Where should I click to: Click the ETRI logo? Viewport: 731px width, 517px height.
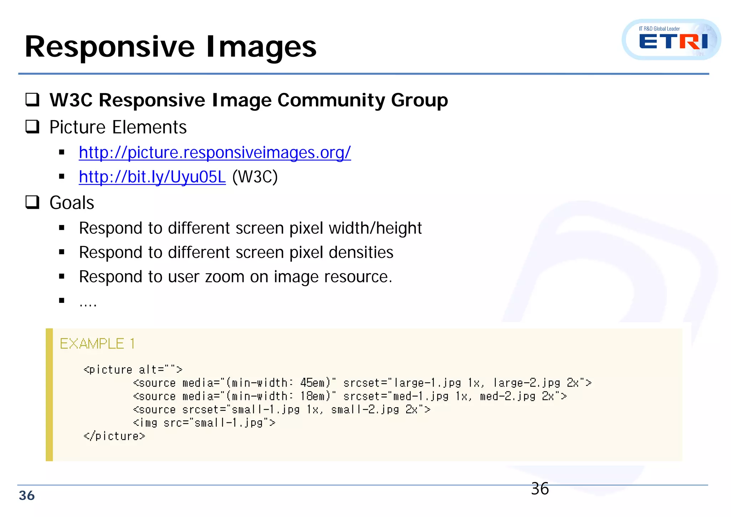coord(671,40)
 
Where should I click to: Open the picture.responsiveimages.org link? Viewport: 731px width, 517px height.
coord(215,153)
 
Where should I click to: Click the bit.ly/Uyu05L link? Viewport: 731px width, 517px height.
coord(152,177)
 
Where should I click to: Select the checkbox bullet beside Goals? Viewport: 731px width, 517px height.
coord(32,202)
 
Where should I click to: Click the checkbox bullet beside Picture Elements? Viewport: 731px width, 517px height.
coord(32,127)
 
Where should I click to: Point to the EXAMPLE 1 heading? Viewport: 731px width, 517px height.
coord(97,344)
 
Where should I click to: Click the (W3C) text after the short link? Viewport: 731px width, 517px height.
coord(255,177)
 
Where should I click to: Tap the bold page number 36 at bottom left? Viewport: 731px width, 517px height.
coord(27,496)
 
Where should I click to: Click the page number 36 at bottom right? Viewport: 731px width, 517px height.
coord(540,489)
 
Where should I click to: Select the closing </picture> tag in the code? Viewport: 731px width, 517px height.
coord(114,436)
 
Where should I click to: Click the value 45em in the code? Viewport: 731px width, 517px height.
coord(313,383)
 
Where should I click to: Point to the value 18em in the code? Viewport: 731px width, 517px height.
coord(313,396)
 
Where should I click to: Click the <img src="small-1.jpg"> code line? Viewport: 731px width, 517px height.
coord(204,423)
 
